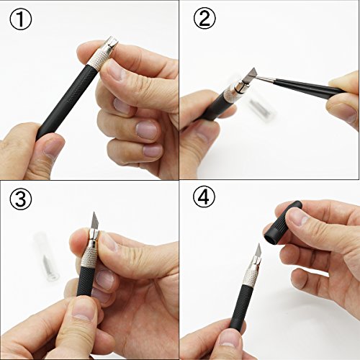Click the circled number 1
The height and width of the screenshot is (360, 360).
[x=21, y=19]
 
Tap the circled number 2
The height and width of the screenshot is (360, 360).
[x=204, y=19]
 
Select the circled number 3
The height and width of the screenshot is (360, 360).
[x=21, y=199]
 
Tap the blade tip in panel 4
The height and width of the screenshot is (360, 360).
[x=258, y=243]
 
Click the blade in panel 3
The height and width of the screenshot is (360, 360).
[x=95, y=221]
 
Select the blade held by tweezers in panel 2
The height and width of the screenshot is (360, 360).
[x=251, y=75]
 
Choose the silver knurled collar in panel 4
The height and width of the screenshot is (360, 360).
[x=248, y=276]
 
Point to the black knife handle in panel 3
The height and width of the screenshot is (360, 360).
[x=84, y=281]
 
